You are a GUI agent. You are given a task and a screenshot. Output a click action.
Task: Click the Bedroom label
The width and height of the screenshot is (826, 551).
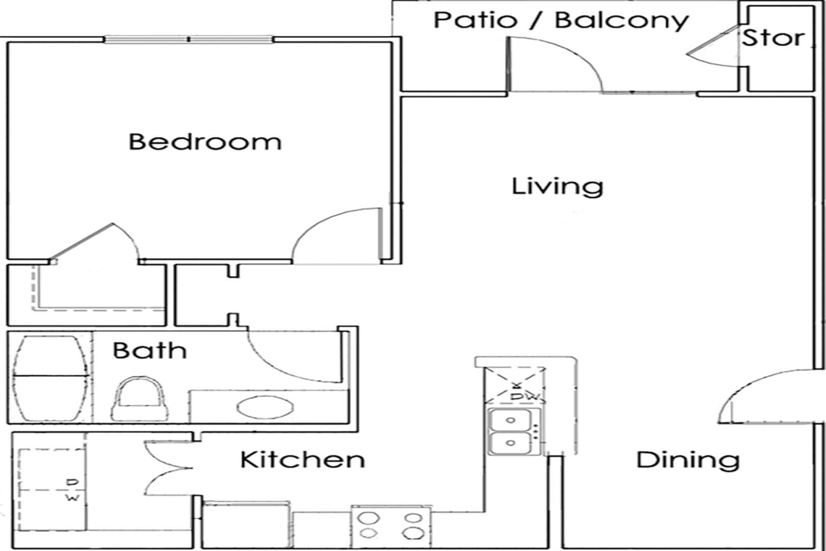click(204, 141)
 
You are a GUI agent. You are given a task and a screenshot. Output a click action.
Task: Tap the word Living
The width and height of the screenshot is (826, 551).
click(557, 186)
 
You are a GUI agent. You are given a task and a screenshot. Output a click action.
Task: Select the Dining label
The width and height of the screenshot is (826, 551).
click(688, 460)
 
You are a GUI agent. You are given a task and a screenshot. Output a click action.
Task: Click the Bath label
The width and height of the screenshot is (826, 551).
click(149, 350)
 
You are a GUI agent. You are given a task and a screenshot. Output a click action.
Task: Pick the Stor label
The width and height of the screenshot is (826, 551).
click(772, 38)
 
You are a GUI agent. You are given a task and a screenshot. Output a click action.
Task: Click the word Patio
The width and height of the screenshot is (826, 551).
click(475, 20)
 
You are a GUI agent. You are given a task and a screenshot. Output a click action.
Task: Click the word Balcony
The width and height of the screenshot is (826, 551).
click(622, 20)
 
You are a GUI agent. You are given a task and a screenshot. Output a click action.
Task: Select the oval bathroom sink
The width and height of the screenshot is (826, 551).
click(265, 408)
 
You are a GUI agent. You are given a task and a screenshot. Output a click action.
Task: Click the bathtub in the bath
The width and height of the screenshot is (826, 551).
click(49, 378)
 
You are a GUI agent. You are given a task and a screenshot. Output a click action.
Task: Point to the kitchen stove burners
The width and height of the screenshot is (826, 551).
click(391, 525)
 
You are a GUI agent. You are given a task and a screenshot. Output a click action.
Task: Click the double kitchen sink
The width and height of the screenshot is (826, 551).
click(511, 432)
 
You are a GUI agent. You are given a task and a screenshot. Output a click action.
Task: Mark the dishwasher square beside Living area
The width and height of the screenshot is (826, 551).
click(515, 385)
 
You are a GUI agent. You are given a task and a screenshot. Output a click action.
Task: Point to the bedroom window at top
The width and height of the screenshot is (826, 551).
click(189, 39)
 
